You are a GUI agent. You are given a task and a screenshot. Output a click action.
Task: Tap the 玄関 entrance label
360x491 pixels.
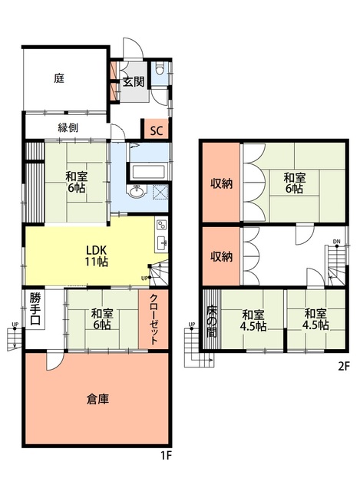click(134, 82)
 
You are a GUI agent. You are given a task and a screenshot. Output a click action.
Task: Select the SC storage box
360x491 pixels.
click(157, 130)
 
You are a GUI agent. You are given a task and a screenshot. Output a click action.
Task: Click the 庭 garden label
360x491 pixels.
click(59, 78)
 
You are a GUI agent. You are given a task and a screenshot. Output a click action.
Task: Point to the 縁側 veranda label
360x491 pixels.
click(68, 128)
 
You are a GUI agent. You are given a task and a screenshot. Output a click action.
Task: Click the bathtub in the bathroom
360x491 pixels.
click(148, 172)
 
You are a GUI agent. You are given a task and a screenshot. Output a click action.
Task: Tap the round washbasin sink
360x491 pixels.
click(137, 191)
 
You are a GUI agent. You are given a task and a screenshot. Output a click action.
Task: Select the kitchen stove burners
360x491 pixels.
click(162, 226)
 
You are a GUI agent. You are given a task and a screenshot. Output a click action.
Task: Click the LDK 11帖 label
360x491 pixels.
click(97, 255)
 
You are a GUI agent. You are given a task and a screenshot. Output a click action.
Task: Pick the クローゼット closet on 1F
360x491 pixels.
click(154, 319)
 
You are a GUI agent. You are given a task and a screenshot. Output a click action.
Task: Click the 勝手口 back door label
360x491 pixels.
click(35, 308)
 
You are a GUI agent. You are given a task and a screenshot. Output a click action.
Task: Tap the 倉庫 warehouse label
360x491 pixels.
click(97, 400)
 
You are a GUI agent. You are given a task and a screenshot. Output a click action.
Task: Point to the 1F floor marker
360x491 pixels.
click(167, 456)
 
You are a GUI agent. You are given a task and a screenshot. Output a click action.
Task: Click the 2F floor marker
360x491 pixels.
click(343, 366)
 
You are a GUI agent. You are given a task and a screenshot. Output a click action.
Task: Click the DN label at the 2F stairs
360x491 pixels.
click(337, 242)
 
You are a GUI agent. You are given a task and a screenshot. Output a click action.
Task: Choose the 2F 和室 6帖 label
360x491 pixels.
click(294, 183)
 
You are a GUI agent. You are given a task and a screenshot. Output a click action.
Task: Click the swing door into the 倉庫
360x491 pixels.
click(54, 360)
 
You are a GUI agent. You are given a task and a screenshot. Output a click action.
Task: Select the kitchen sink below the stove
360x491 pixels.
click(162, 242)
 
